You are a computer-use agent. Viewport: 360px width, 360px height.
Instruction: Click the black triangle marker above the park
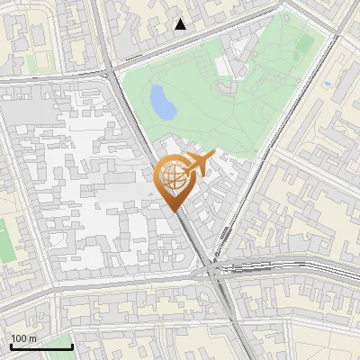click(x=181, y=24)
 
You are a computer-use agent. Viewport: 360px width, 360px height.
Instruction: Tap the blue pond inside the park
click(x=163, y=102)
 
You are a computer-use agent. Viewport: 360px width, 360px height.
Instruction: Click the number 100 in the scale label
click(x=19, y=338)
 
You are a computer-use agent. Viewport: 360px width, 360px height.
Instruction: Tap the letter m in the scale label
click(x=32, y=338)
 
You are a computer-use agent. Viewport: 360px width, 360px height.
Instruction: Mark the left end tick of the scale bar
click(x=10, y=346)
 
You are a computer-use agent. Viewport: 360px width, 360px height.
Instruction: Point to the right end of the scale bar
click(x=72, y=346)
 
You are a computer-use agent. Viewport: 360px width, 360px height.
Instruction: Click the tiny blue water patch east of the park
click(x=328, y=85)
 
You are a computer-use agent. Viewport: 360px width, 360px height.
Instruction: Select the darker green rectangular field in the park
click(x=306, y=43)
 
